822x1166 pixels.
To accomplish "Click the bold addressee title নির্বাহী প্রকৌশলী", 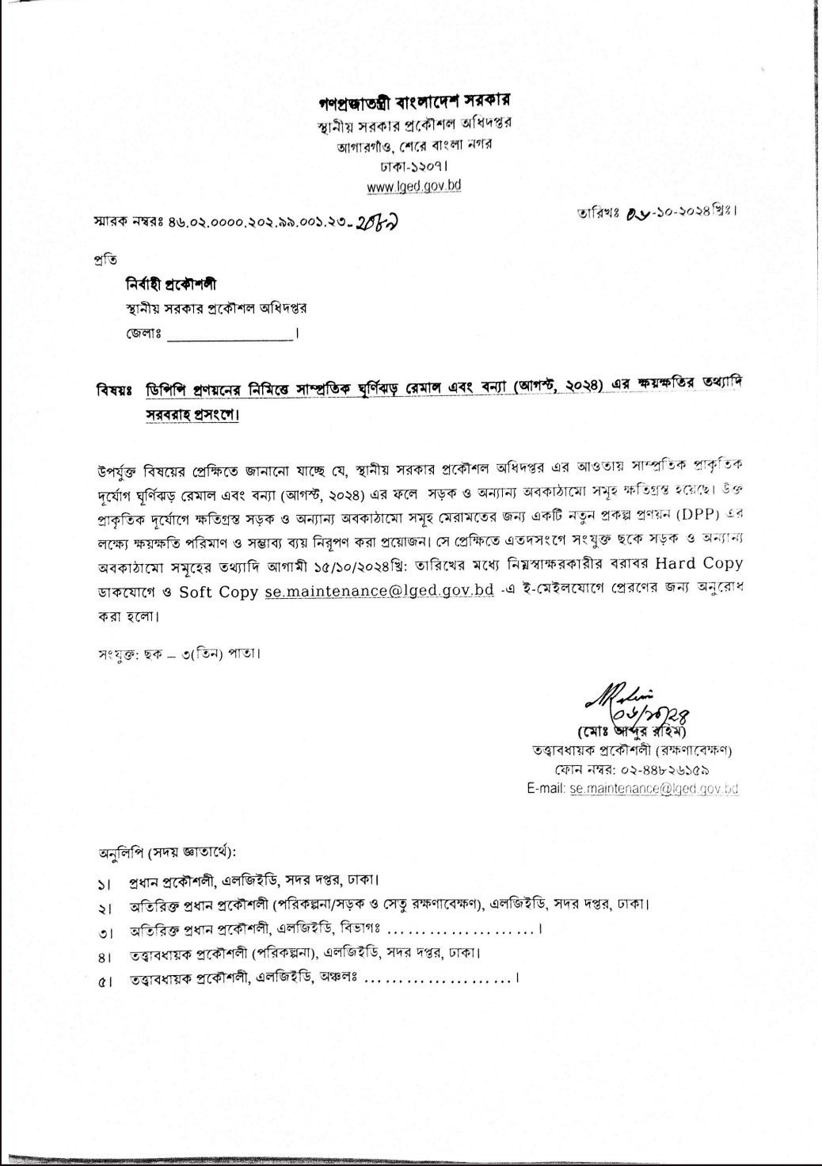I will pos(169,284).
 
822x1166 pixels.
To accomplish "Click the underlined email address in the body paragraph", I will pos(379,591).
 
